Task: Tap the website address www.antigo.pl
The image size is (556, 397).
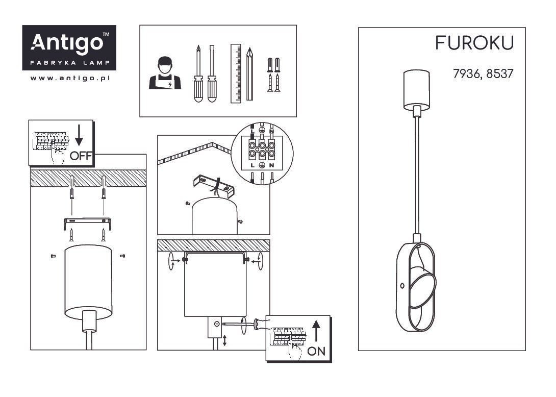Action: (x=70, y=78)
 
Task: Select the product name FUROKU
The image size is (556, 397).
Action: (x=474, y=43)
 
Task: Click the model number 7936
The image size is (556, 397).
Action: (x=467, y=74)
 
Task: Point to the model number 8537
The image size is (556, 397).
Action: (x=499, y=74)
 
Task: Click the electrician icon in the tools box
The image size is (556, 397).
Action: (x=165, y=73)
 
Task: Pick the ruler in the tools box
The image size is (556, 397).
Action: (x=236, y=73)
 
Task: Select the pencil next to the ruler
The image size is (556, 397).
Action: (x=249, y=74)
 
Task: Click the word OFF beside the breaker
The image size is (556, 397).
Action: (x=81, y=156)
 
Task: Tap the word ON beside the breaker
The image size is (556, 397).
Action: (x=316, y=351)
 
